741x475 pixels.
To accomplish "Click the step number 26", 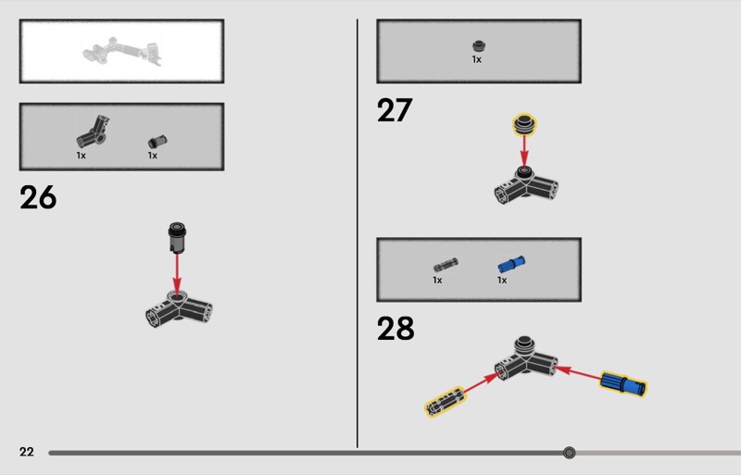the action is point(38,197).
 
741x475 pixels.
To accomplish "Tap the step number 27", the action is point(395,110).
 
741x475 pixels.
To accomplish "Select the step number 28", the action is point(396,328).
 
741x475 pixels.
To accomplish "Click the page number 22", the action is point(27,452).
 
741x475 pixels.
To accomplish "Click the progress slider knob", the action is point(570,453).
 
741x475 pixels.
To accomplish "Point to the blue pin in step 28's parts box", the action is point(511,264).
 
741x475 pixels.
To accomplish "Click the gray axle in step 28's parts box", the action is point(446,265).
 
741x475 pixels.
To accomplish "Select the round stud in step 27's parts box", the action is point(479,46).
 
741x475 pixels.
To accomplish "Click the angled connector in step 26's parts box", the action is point(94,131).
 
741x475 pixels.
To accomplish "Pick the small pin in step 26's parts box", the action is point(157,142).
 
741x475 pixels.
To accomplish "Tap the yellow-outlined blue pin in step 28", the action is point(623,383).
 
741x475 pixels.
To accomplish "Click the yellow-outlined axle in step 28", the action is point(446,402).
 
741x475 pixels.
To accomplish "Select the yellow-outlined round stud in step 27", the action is point(524,124).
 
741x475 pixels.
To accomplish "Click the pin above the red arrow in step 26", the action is point(177,237).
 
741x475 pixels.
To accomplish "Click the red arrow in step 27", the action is point(524,151).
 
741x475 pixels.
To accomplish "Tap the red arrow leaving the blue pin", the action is point(578,373).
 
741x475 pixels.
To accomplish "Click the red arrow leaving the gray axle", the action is point(482,383).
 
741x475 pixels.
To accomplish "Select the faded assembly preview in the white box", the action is point(122,51).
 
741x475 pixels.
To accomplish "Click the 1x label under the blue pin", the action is point(502,281).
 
